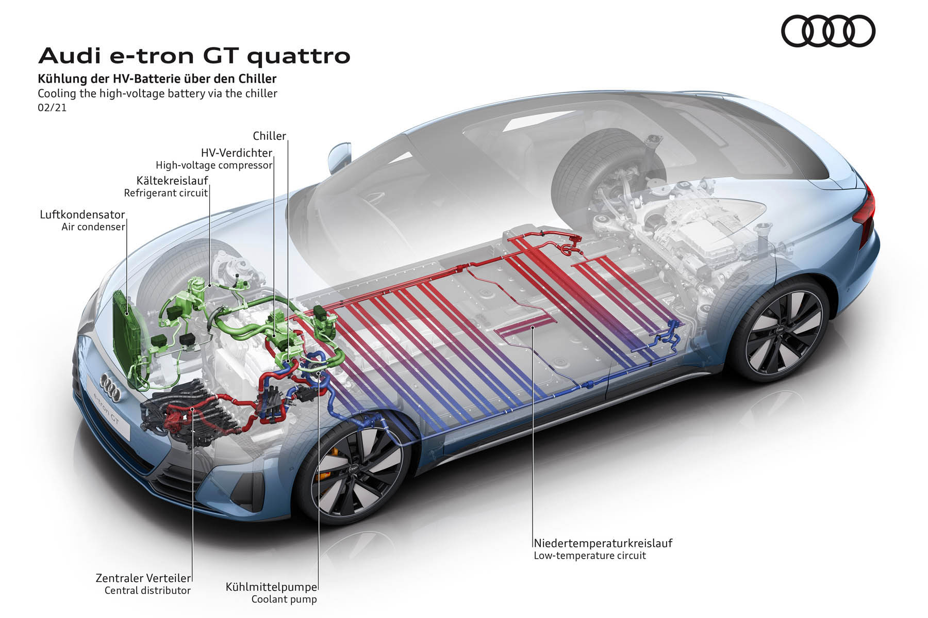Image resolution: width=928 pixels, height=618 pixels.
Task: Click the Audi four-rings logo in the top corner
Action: coord(828,31)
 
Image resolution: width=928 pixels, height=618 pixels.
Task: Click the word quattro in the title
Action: coord(299,56)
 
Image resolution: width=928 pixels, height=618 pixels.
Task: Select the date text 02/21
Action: coord(52,108)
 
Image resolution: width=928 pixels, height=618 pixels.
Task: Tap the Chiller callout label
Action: coord(269,136)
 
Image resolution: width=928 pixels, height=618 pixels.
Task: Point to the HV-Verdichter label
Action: coord(237,153)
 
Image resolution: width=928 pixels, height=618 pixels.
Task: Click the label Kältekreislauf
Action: coord(172,181)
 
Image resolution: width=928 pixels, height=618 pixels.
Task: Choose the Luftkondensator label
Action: coord(82,214)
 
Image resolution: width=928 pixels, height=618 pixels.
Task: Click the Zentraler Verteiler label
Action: coord(143,578)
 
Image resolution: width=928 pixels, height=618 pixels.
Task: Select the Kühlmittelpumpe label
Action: coord(271,587)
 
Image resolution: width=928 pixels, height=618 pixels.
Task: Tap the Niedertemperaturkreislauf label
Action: coord(603,543)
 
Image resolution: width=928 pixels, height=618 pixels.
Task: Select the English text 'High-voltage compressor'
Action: coord(214,166)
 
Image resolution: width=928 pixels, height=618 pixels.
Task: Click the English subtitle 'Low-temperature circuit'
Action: coord(590,556)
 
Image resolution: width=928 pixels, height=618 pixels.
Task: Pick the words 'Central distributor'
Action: coord(147,591)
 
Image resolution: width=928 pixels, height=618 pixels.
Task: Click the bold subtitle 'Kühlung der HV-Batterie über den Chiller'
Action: coord(157,79)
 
